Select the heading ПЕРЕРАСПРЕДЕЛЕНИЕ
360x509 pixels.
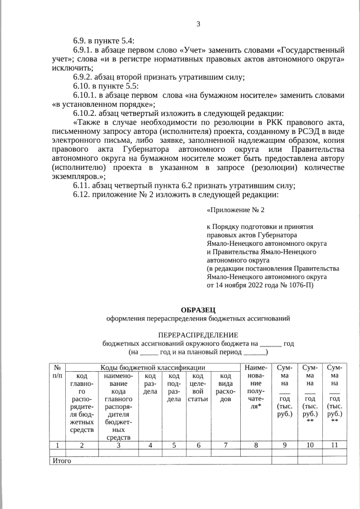[198, 334]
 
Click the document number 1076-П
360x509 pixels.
[298, 285]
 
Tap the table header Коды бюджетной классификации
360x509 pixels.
[152, 367]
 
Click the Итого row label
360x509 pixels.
[61, 461]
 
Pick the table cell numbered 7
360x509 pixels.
[225, 445]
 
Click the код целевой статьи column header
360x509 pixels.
[199, 387]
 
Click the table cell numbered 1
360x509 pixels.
[57, 445]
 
